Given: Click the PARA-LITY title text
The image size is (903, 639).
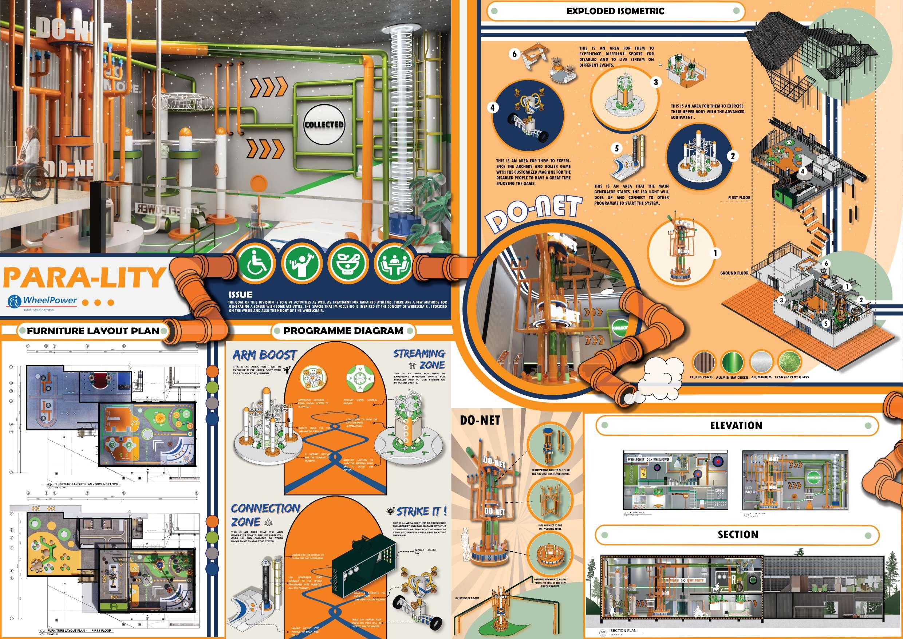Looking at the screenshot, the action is (x=83, y=277).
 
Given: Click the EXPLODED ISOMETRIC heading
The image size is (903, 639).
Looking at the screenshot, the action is (x=615, y=11).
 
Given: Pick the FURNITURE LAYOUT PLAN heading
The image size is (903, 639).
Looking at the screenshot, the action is (x=93, y=331).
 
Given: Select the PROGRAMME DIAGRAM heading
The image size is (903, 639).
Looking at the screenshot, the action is (x=343, y=331).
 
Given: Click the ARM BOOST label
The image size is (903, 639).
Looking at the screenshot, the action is (x=264, y=355).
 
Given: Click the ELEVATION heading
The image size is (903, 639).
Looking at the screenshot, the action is (x=736, y=426).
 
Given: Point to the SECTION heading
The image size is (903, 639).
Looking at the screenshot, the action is (x=737, y=535).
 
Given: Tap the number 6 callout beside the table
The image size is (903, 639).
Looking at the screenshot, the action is (x=514, y=54).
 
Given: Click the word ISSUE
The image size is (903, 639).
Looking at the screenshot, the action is (x=240, y=294).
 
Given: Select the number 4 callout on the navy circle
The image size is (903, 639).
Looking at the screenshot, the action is (x=493, y=107).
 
